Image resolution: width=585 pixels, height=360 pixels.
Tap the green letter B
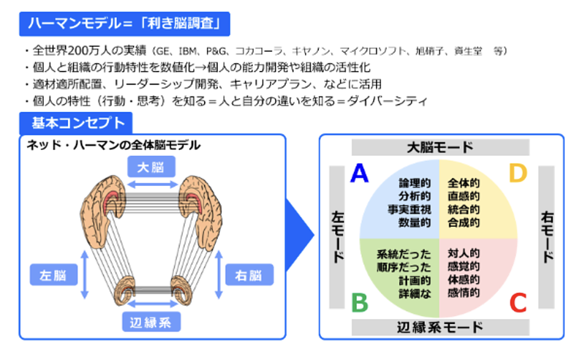click(359, 301)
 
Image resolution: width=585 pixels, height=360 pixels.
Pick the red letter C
click(518, 301)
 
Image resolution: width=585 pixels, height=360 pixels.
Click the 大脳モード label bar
click(439, 148)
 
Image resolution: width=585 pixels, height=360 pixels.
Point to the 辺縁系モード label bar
click(439, 326)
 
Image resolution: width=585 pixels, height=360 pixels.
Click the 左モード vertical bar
click(338, 236)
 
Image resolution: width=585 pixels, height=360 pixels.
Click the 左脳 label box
click(53, 275)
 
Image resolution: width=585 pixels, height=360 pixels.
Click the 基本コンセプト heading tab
click(77, 122)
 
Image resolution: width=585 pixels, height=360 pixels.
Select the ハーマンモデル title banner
click(124, 24)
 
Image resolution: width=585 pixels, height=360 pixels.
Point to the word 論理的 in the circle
click(415, 183)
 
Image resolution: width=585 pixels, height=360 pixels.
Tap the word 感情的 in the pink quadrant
click(464, 293)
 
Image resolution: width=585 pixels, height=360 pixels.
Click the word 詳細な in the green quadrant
click(415, 293)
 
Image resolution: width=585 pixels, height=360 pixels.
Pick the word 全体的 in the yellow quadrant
click(464, 183)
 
